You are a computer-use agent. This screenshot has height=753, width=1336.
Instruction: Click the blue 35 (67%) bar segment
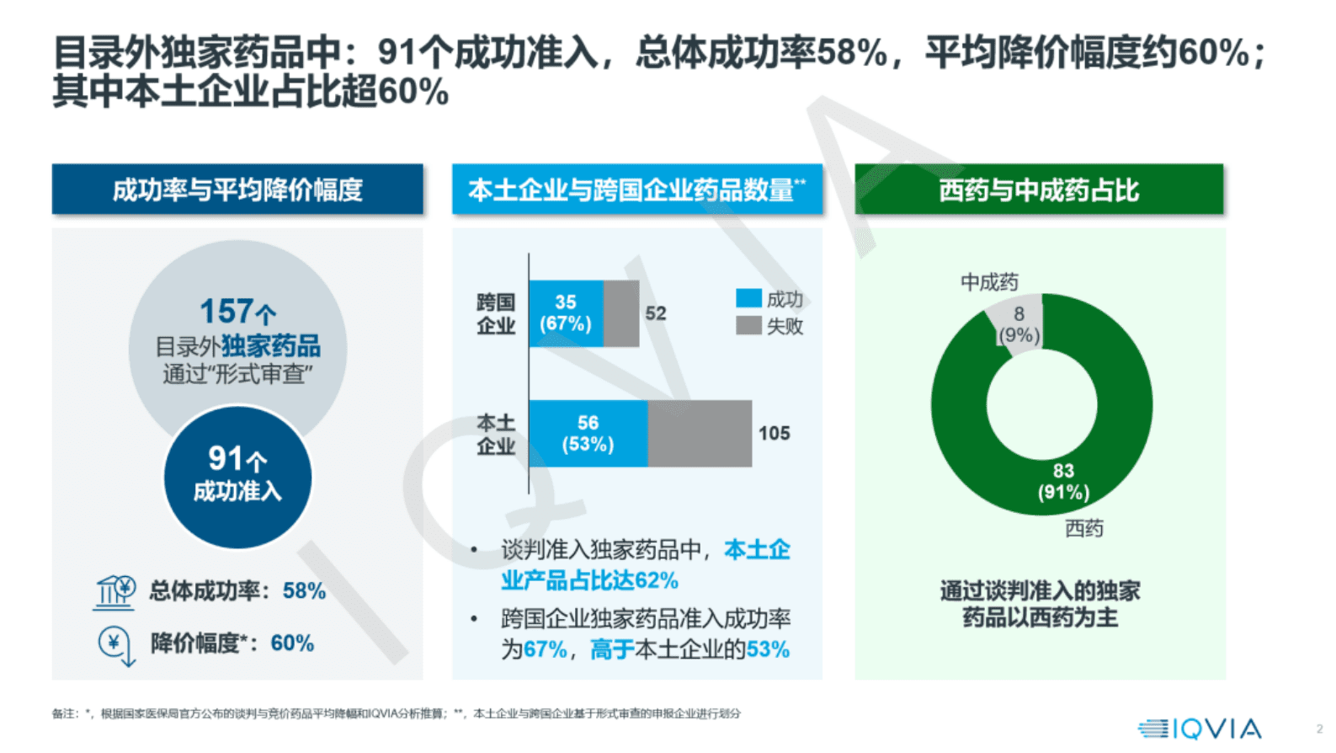[566, 313]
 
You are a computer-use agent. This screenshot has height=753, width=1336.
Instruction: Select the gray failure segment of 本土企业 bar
[699, 434]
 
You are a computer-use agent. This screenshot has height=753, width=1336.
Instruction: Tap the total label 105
[774, 434]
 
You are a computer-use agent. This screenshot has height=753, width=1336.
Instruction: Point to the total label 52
[655, 313]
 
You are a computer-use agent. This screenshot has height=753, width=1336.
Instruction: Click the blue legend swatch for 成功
[748, 298]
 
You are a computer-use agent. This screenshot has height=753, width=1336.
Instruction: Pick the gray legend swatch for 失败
[748, 325]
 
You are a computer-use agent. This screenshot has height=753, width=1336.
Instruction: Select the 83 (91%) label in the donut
[1062, 482]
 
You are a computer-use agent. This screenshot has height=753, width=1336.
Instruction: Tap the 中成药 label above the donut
[989, 282]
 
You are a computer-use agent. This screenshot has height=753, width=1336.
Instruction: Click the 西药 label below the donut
[1083, 528]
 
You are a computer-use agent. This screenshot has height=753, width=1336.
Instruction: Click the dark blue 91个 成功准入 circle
[237, 477]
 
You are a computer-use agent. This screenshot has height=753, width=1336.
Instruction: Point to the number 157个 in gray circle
[237, 312]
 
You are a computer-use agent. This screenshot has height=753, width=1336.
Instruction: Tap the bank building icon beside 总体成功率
[114, 592]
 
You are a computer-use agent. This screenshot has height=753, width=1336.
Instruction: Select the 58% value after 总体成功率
[304, 591]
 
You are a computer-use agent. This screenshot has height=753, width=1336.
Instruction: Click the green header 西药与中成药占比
[1039, 190]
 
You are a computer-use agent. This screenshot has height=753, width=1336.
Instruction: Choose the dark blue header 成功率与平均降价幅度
[237, 190]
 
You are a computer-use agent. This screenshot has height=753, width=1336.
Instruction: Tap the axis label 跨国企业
[496, 313]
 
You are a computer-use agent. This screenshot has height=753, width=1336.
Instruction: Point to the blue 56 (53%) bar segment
[588, 434]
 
